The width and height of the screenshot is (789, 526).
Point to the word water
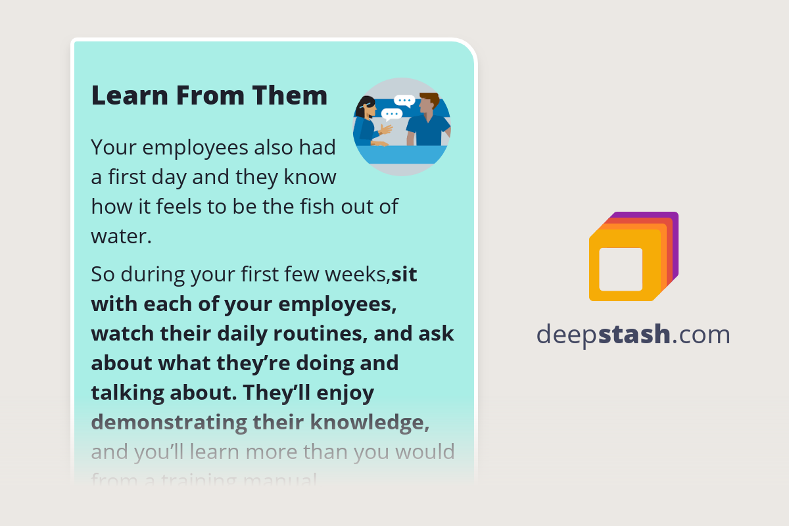click(121, 236)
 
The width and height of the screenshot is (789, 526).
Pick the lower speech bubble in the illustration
click(391, 114)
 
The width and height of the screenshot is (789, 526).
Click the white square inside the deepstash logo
click(621, 269)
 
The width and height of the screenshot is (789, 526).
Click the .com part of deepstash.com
click(702, 335)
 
